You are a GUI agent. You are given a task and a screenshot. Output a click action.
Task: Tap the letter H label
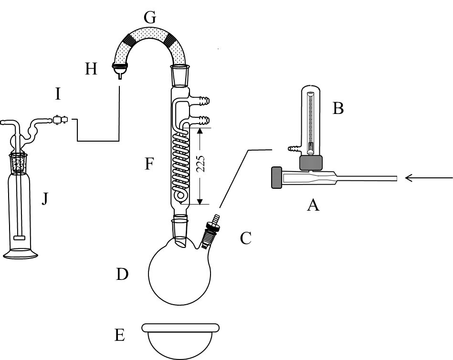click(91, 69)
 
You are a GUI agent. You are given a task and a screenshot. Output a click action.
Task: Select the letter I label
click(58, 94)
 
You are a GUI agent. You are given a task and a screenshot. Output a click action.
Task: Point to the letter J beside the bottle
click(45, 199)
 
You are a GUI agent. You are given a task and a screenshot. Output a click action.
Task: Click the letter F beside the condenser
click(149, 164)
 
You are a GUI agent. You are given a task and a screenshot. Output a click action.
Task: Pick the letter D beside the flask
click(122, 274)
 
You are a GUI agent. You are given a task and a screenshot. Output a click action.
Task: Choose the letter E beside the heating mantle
click(120, 335)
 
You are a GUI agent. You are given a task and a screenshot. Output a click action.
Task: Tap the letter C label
click(245, 238)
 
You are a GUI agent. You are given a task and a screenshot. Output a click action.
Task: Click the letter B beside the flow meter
click(338, 109)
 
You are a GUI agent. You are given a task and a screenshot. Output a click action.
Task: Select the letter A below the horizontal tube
click(313, 206)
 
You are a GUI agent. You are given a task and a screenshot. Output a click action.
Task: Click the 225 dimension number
click(201, 164)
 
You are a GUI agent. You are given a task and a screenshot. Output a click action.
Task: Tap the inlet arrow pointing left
click(429, 178)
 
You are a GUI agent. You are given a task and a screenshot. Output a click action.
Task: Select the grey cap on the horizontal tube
click(277, 177)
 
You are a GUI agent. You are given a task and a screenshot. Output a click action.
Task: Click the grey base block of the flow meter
click(311, 163)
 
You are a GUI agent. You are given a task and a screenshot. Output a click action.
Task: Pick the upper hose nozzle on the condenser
click(202, 101)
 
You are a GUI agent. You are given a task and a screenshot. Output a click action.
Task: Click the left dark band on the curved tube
click(129, 40)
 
